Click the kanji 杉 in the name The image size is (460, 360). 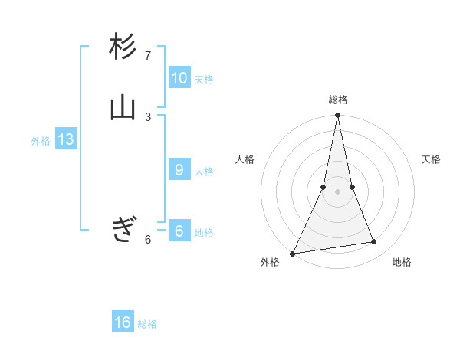(x=123, y=47)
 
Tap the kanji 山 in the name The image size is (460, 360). (x=123, y=107)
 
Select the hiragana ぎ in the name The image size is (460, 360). (x=123, y=229)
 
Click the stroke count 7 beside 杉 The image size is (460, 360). (x=148, y=56)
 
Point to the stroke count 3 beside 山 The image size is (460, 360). (x=148, y=116)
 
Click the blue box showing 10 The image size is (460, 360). (x=179, y=78)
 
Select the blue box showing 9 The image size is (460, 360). (x=179, y=170)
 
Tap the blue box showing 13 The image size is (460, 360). (x=65, y=139)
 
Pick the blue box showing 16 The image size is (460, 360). (x=123, y=322)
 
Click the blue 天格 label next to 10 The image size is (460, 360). (x=204, y=80)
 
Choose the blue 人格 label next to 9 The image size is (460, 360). (x=204, y=172)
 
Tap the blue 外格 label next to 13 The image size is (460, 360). (x=41, y=141)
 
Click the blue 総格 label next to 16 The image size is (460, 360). (x=148, y=324)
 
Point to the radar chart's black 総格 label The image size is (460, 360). (x=337, y=100)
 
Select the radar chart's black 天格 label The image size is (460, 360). (x=431, y=159)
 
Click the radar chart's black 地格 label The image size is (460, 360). (x=402, y=262)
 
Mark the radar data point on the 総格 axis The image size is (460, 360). (x=337, y=116)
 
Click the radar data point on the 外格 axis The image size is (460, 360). (x=293, y=253)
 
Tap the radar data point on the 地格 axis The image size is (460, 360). (x=374, y=242)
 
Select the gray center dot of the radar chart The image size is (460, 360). (x=337, y=191)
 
